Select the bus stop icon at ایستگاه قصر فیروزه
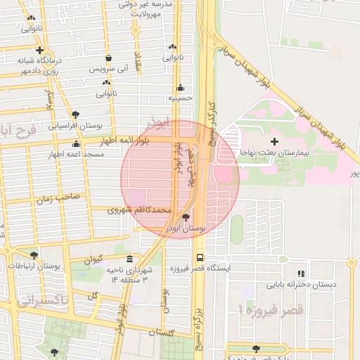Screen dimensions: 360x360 (200, 257)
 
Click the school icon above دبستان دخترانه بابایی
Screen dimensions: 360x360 (301, 274)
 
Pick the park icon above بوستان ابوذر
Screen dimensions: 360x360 (186, 218)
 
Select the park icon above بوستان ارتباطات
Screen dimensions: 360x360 (34, 255)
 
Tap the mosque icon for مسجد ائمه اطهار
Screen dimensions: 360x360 (76, 144)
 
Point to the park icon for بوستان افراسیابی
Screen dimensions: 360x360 (75, 115)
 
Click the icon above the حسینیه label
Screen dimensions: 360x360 (181, 89)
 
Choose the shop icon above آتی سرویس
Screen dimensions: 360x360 (108, 59)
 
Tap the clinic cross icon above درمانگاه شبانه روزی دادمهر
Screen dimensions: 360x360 (40, 51)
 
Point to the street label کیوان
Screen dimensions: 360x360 (94, 259)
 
